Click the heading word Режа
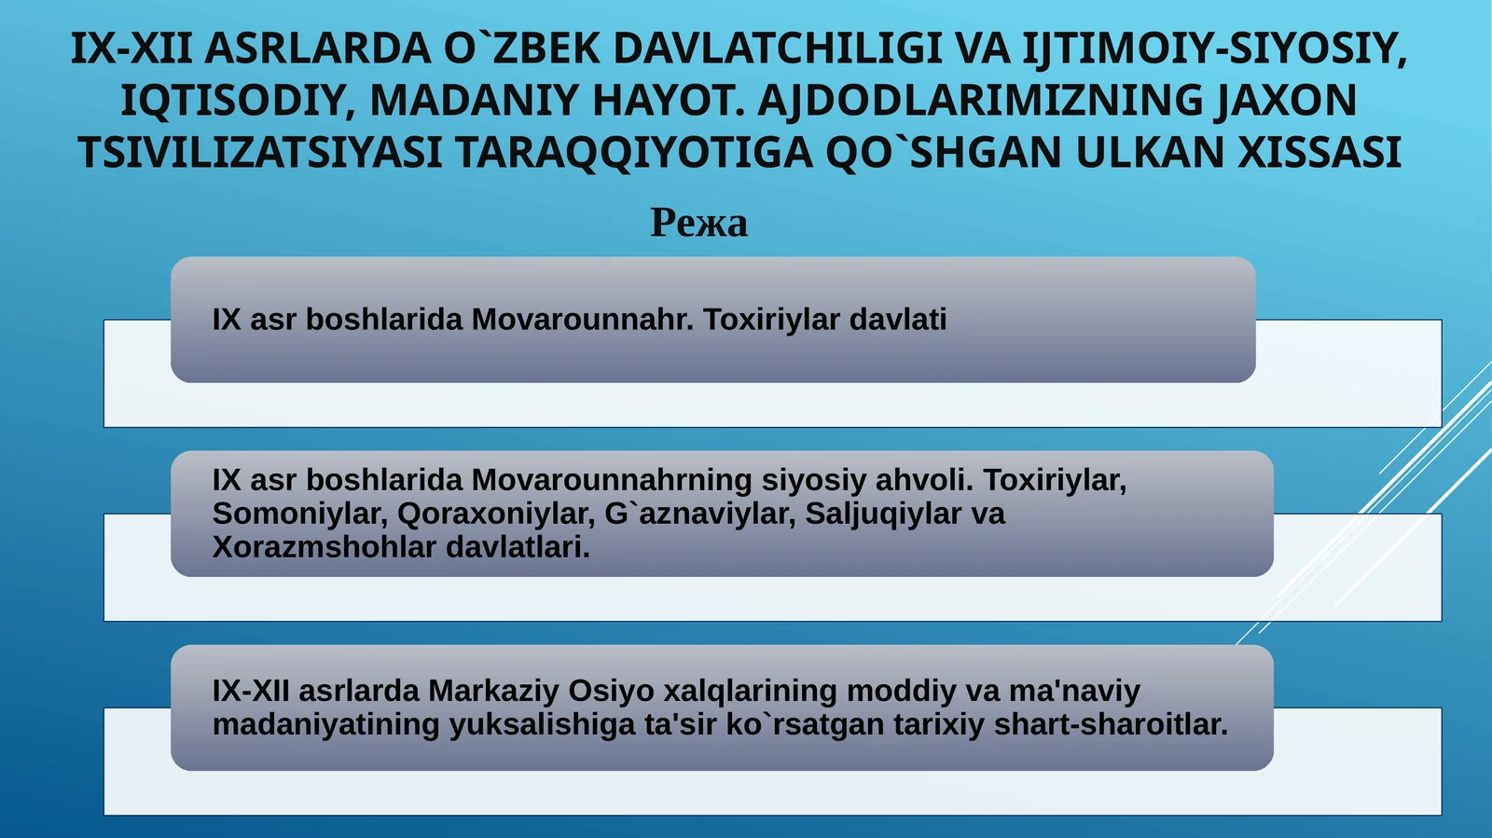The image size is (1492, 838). (x=698, y=223)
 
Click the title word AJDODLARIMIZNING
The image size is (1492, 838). (x=979, y=101)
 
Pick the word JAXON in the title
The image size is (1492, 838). (x=1286, y=101)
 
